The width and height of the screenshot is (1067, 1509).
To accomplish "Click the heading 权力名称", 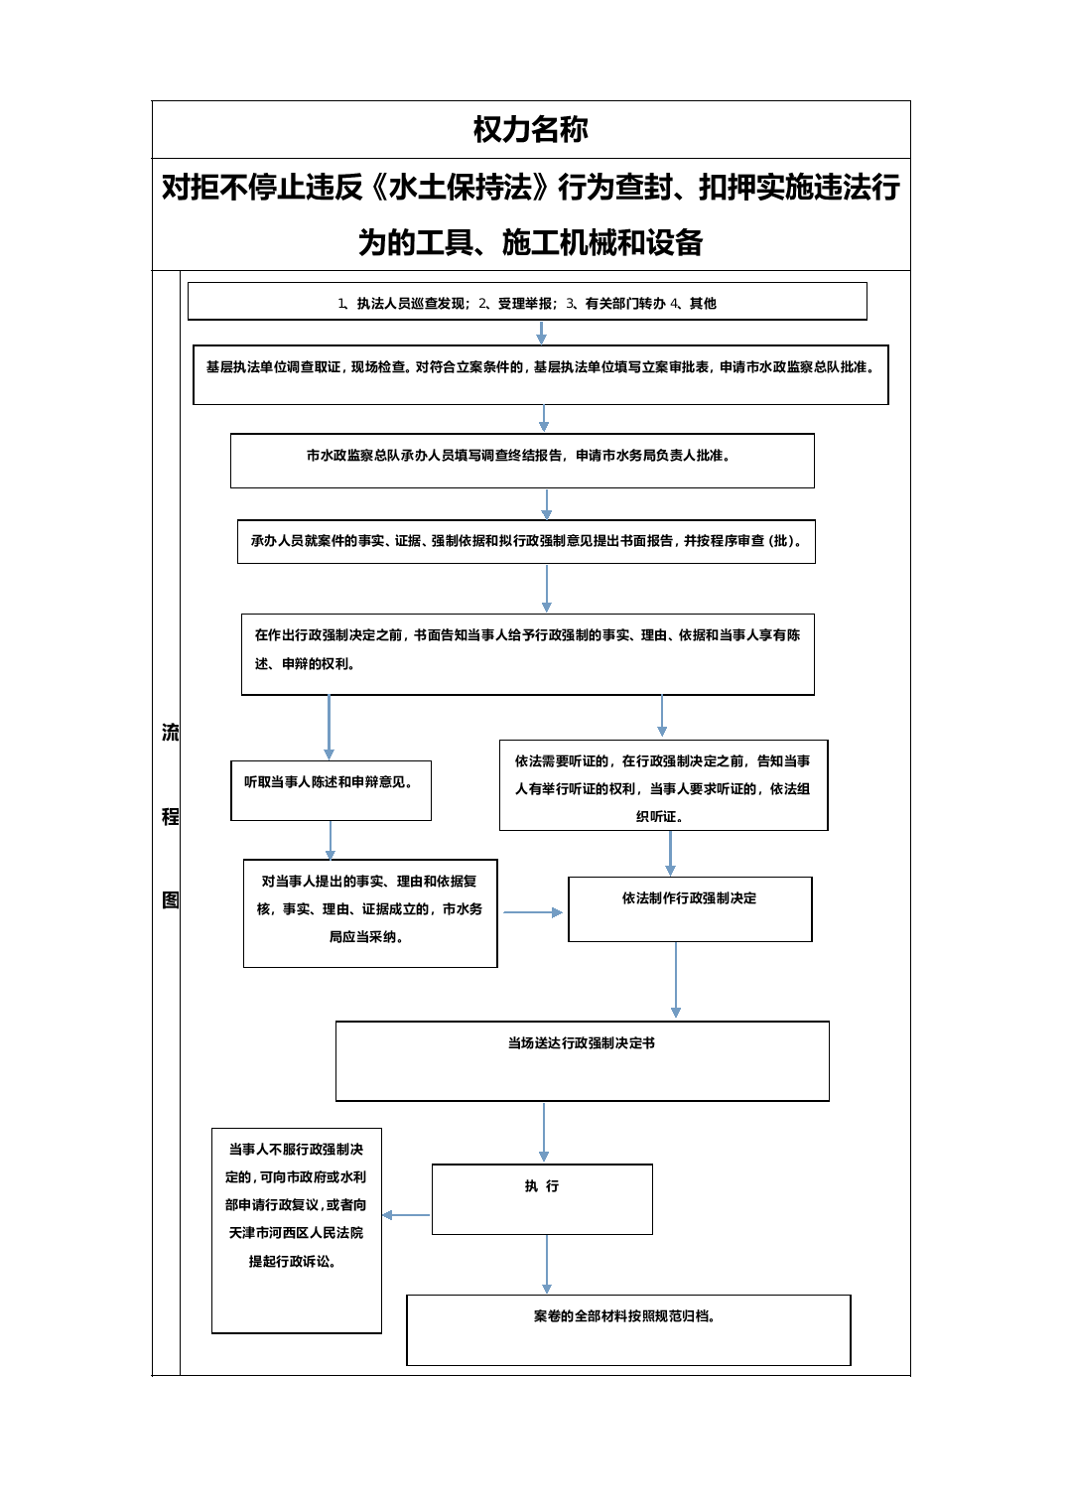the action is coord(531,129).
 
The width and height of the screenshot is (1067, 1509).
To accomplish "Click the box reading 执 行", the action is coord(542,1199).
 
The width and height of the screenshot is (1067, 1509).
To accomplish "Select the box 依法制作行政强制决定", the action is coord(690,908).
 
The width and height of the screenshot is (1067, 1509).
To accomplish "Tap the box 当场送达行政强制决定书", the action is coord(582,1061).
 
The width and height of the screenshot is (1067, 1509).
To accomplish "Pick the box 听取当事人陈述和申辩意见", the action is coord(331,790).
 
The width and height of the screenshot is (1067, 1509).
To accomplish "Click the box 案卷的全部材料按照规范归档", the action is coord(628,1330).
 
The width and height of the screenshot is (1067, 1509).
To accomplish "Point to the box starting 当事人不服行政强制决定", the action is coord(297,1230).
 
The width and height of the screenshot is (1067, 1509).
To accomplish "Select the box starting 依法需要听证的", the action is coord(663,785).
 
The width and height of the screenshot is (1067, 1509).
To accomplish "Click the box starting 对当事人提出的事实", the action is coord(370,912).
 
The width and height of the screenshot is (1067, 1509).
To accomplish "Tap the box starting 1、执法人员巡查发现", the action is coord(527,301).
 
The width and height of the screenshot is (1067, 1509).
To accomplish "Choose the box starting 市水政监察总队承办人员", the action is coord(522,460).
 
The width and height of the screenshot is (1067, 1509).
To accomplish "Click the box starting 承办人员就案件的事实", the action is coord(526,541).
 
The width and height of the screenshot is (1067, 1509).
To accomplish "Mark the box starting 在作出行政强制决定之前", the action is coord(527,653).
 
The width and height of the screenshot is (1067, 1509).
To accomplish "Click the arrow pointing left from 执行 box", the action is coord(406,1214).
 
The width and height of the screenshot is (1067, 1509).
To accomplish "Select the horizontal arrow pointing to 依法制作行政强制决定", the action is coord(533,912).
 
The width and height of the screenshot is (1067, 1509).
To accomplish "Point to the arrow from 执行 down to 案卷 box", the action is coord(546,1265).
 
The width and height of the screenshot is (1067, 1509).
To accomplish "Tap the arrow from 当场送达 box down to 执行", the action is coord(544,1133).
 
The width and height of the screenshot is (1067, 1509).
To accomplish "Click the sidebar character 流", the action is coord(170,733).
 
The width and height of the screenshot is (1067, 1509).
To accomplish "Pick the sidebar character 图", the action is coord(170,900).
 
